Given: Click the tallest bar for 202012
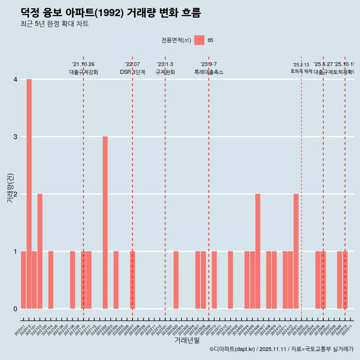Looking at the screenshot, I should coord(29,194).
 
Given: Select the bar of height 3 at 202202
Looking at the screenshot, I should coord(105,222).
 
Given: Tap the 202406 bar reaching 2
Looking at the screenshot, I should coord(258,251).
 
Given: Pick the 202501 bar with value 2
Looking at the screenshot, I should coord(296,251).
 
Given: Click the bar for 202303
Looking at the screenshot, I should coord(176,280).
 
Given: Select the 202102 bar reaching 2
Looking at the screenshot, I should coord(40,251).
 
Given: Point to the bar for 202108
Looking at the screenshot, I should coord(72,280).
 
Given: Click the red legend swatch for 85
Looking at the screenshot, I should coord(199,40).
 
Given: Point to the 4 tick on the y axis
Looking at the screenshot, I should coord(15,79).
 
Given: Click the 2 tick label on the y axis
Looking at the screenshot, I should coord(15,194).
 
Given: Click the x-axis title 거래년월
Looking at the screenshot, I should coord(187,340).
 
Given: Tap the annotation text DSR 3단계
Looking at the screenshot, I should coord(132,72).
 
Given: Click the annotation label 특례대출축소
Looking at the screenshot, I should coord(208,72).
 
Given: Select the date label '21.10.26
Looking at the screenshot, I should coord(83,64).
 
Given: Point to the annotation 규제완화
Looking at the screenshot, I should coord(165,72).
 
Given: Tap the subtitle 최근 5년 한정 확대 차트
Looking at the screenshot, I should coord(54,24).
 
